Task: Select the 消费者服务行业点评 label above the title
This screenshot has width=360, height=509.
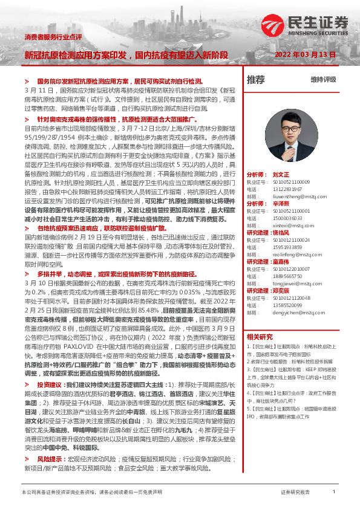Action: tap(53, 37)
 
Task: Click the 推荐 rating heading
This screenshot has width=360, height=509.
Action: tap(256, 79)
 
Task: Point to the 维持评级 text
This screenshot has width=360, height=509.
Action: tap(323, 80)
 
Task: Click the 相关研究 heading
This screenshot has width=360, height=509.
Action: tap(260, 336)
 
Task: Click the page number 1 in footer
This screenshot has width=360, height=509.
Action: tap(333, 492)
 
